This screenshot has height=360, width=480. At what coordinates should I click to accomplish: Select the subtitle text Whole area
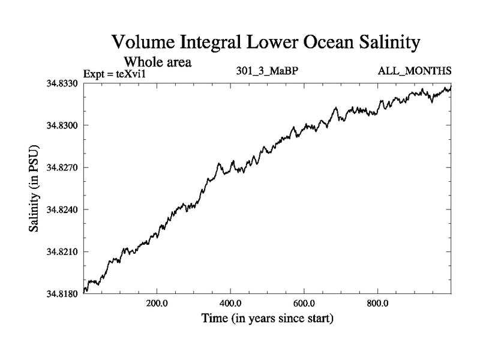(x=157, y=61)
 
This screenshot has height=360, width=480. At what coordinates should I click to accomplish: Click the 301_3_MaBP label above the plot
(x=268, y=71)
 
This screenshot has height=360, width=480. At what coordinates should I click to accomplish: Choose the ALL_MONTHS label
(x=414, y=71)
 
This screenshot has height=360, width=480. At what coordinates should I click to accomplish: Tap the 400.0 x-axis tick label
(x=230, y=302)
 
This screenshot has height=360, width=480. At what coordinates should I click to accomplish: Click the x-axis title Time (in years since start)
(x=267, y=318)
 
